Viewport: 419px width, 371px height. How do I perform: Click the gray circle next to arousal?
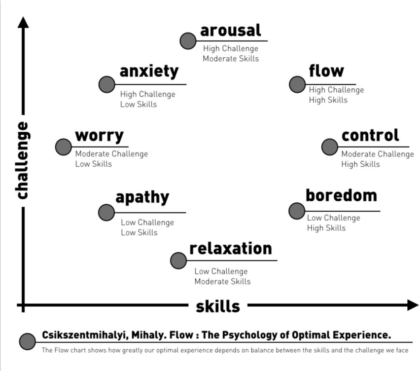click(x=188, y=40)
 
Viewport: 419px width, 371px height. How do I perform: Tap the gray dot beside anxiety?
click(x=106, y=84)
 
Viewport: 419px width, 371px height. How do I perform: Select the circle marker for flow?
click(x=297, y=84)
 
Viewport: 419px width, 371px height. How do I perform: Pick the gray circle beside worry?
click(x=64, y=147)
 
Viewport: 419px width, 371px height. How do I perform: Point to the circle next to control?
click(x=330, y=147)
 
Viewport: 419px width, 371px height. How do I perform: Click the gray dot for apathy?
click(x=106, y=212)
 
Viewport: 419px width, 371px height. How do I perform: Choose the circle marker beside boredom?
click(x=297, y=211)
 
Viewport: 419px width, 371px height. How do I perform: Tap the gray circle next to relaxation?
click(x=178, y=260)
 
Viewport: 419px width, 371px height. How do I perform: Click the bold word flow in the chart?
click(x=326, y=71)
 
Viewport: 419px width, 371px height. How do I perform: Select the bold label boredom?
click(x=341, y=195)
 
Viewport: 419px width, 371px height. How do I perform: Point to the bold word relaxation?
click(x=231, y=248)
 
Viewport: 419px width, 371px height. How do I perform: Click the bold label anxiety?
click(x=149, y=71)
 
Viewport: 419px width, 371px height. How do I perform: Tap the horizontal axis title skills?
click(x=218, y=306)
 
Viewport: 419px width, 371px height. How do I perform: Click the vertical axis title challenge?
click(x=22, y=160)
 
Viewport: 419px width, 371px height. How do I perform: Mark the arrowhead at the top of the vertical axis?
click(x=23, y=22)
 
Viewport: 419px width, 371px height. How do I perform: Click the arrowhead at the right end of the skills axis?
click(x=413, y=305)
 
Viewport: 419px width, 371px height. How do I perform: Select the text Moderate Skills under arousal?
click(x=231, y=58)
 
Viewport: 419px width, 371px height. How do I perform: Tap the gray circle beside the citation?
click(x=28, y=341)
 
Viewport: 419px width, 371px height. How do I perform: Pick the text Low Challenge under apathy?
click(x=147, y=223)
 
